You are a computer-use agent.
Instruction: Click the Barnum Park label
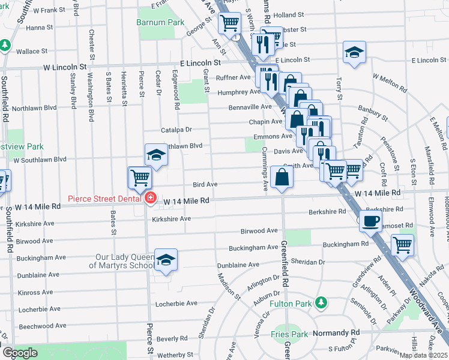pos(159,22)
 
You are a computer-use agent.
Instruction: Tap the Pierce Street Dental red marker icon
pos(150,198)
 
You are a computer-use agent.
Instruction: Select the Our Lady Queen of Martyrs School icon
pos(166,259)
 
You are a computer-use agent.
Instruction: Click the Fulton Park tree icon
pos(322,302)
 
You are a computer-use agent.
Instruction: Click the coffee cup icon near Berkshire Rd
pos(370,221)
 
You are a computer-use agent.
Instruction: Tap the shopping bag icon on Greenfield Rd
pos(282,177)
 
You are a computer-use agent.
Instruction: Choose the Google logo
pos(20,353)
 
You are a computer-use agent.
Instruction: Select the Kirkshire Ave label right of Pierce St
pos(172,218)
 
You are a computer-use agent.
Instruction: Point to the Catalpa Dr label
pos(176,130)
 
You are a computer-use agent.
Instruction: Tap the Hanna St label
pos(39,28)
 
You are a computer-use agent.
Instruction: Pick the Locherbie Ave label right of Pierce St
pos(176,304)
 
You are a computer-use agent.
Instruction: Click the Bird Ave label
pos(205,185)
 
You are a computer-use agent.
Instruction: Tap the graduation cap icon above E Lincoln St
pos(354,52)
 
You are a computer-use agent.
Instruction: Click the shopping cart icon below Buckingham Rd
pos(402,244)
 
